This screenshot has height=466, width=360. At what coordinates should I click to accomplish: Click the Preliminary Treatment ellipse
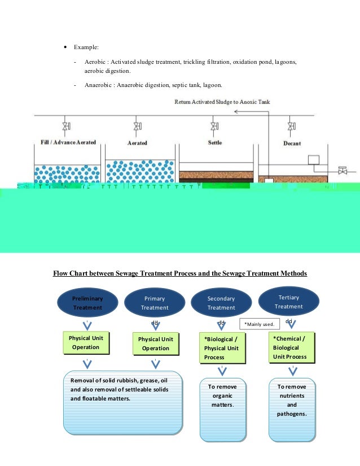coord(87,302)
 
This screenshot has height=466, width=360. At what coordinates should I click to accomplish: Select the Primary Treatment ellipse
coord(155,303)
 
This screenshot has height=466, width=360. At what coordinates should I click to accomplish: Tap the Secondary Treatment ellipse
coord(221,303)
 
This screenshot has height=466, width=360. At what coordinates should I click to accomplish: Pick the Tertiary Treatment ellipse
coord(288,302)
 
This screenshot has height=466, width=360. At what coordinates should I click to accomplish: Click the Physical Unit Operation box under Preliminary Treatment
coord(86,343)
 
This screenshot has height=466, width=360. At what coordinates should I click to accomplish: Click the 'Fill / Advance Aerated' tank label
coord(68,142)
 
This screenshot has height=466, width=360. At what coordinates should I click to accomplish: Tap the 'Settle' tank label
coord(214,142)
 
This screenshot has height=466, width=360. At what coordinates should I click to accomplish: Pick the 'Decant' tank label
coord(291,143)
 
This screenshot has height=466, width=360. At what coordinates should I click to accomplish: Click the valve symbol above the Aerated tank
coord(137,126)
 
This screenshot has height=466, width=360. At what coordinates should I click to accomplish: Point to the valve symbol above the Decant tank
coord(290,126)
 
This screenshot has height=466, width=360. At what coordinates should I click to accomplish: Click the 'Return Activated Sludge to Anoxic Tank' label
coord(222,102)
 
